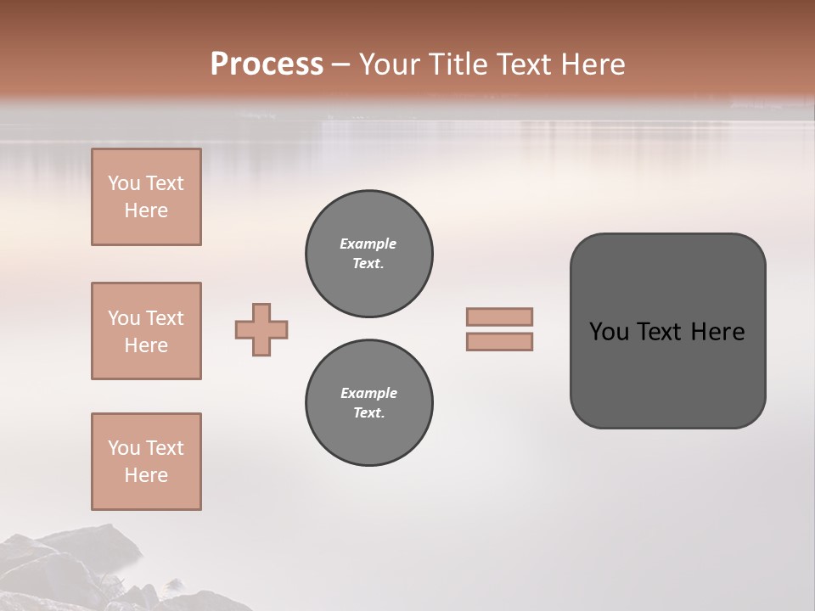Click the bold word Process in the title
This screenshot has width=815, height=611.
[267, 64]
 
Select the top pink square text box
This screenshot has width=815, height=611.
[146, 197]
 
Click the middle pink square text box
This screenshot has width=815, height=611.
[146, 331]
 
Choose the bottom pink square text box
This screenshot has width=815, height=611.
[146, 462]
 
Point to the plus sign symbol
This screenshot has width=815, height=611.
[261, 329]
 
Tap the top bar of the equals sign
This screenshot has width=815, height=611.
[499, 317]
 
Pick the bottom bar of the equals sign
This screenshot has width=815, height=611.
[499, 342]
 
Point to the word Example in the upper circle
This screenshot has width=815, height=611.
[368, 244]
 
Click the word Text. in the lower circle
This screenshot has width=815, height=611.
[368, 412]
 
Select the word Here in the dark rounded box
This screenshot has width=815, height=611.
[717, 332]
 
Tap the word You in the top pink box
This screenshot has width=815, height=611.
[124, 183]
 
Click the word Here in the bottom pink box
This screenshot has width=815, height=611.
[146, 475]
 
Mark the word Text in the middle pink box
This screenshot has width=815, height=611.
[165, 318]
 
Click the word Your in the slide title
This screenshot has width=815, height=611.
[389, 64]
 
